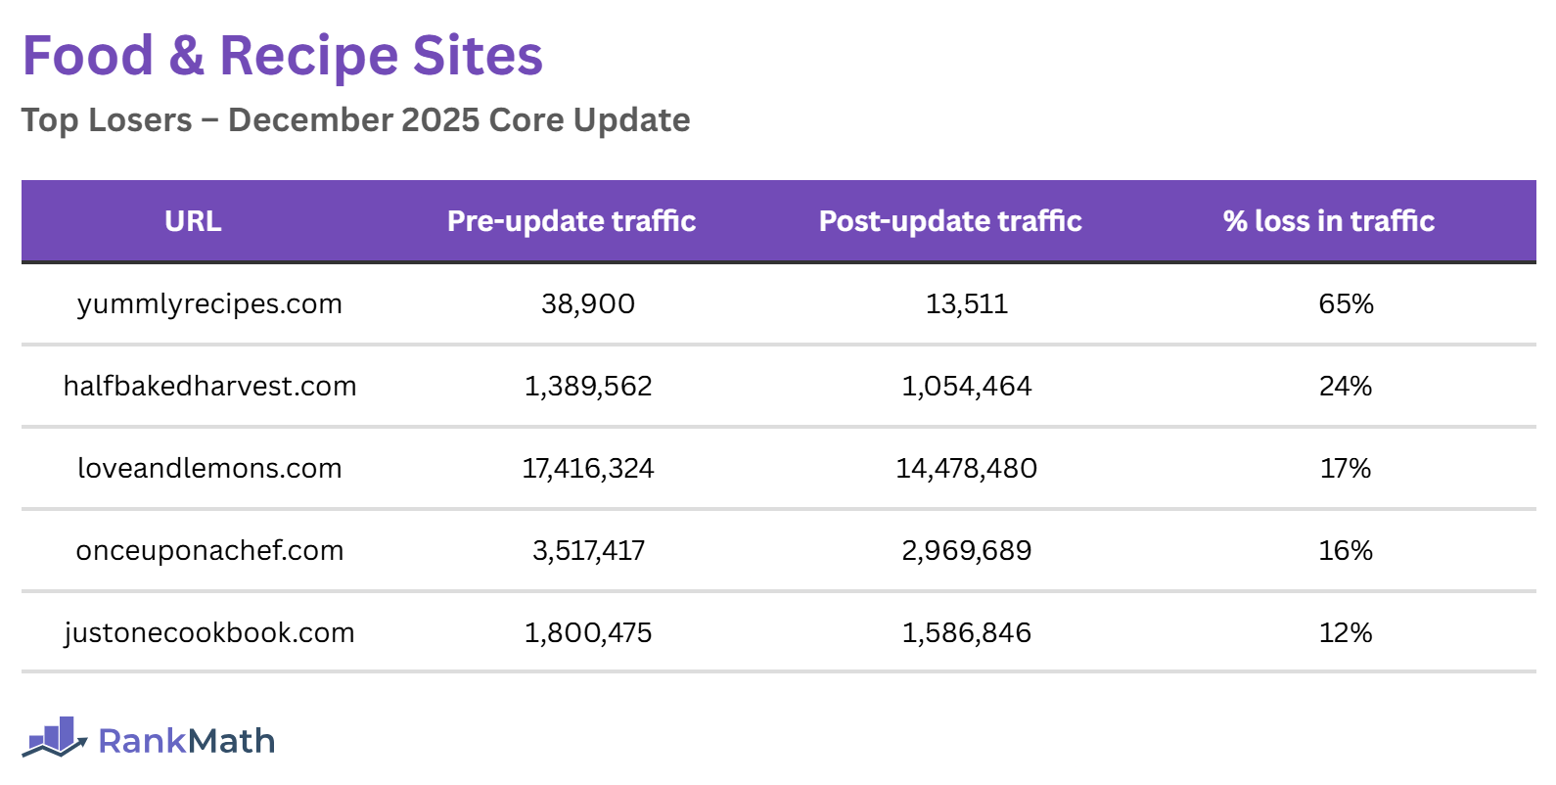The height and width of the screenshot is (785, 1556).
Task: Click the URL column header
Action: [193, 221]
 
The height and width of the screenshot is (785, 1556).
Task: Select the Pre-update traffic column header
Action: [572, 221]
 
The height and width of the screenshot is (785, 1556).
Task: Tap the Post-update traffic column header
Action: [950, 221]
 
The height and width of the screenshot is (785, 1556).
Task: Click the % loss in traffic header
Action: [1328, 221]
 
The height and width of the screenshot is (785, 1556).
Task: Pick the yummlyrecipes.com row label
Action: [209, 304]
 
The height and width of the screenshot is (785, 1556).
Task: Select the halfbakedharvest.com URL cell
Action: [209, 387]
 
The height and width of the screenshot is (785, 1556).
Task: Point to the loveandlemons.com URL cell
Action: [209, 469]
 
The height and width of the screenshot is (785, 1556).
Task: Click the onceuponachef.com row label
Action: [209, 551]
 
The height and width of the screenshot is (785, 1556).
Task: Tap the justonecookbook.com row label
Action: [209, 633]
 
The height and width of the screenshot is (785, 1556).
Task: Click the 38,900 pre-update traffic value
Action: [588, 304]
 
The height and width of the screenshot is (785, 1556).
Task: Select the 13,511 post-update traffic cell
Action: [967, 304]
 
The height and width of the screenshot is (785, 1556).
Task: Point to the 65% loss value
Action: [1346, 304]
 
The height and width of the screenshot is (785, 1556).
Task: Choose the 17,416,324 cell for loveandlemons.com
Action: [588, 469]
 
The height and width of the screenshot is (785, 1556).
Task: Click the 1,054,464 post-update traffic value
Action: [967, 387]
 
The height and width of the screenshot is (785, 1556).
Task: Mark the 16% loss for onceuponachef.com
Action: [1346, 551]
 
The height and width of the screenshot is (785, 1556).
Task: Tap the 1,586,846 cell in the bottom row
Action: [967, 633]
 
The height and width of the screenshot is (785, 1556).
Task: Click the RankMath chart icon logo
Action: [55, 738]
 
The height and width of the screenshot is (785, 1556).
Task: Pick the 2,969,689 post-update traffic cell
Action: [967, 551]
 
